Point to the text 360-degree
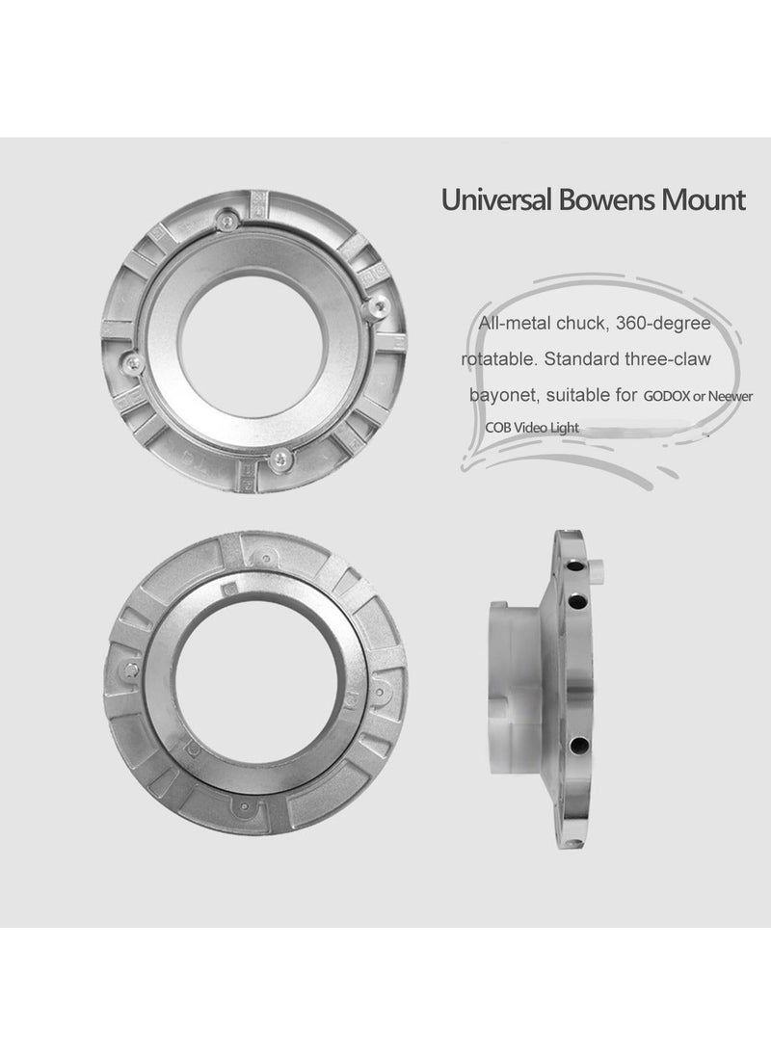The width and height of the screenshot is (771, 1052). (x=663, y=324)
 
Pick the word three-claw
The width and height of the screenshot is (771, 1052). (x=667, y=359)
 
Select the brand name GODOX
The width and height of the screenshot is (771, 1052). (x=666, y=396)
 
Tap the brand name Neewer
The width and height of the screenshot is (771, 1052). (x=731, y=396)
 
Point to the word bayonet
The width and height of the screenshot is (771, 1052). (x=502, y=395)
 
